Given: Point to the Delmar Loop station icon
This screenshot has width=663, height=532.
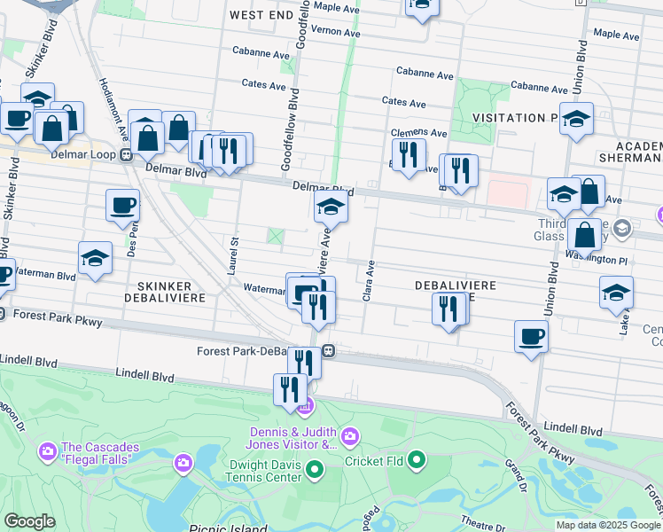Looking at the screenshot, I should tap(127, 155).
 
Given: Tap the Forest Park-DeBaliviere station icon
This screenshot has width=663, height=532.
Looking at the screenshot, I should tap(328, 350).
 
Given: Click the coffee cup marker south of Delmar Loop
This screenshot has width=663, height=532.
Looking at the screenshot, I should tap(122, 206).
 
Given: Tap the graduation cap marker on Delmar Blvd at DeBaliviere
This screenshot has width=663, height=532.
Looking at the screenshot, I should tap(331, 207).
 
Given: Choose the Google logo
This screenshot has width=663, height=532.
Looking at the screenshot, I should tap(29, 521).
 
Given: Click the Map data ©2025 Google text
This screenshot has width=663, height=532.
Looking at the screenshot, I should tap(608, 525).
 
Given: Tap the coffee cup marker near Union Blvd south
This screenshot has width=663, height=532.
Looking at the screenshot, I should tap(531, 336).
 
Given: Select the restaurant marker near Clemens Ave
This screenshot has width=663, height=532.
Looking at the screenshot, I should tap(408, 154).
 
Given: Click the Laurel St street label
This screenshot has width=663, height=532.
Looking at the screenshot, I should tap(234, 255).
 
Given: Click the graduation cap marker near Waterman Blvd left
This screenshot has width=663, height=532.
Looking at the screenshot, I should tap(95, 257).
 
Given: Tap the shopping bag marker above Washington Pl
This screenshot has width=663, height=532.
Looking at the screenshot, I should tap(584, 235).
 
